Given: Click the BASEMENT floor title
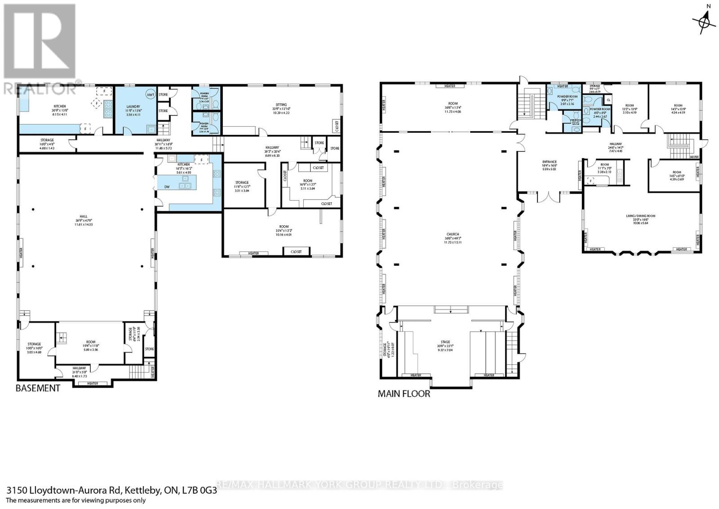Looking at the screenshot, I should click(x=38, y=388).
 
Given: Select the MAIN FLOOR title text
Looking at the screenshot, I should click(x=404, y=394).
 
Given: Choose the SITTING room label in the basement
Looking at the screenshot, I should click(x=281, y=105).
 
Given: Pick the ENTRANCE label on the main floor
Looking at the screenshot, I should click(x=549, y=162).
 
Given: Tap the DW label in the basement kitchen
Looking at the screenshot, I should click(x=167, y=187).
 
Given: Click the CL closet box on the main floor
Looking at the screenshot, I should click(x=608, y=100).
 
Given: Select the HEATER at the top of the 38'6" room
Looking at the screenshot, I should click(x=450, y=86).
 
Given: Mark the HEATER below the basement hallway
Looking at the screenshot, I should click(x=93, y=384).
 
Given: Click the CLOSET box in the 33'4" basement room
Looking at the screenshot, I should click(x=296, y=252).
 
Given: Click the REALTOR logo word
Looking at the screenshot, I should click(x=40, y=89).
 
